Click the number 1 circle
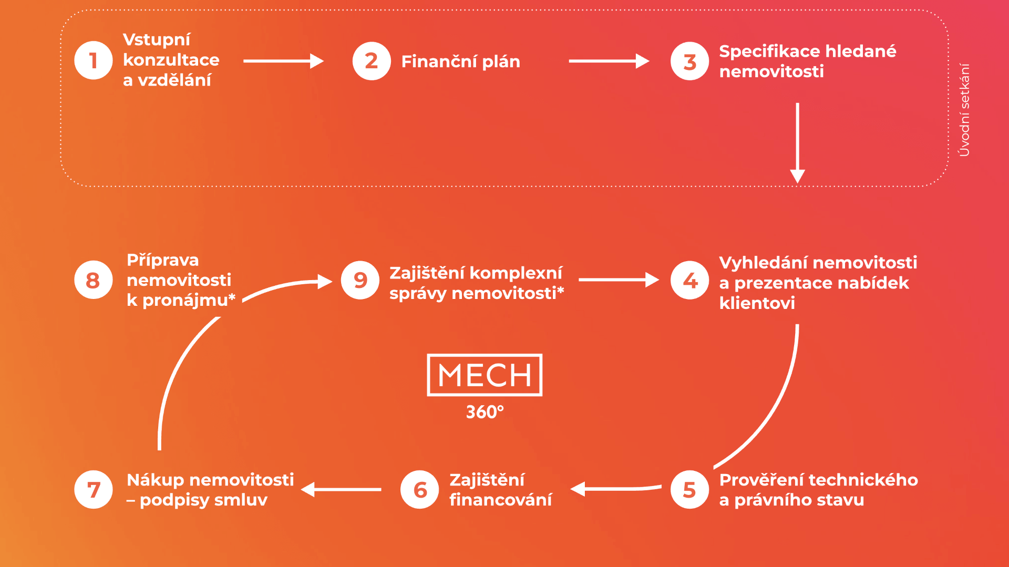94,60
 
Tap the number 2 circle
372,61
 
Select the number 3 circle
689,61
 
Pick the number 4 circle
689,280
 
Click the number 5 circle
689,490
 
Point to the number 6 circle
419,490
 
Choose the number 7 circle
94,490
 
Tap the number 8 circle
94,280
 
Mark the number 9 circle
360,280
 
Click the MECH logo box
485,375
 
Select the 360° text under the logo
485,412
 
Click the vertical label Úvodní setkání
964,110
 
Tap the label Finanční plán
460,61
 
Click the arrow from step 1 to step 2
283,61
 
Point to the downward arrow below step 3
797,142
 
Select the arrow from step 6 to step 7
342,489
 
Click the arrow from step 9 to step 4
619,280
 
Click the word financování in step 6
500,500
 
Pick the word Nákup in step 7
155,480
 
